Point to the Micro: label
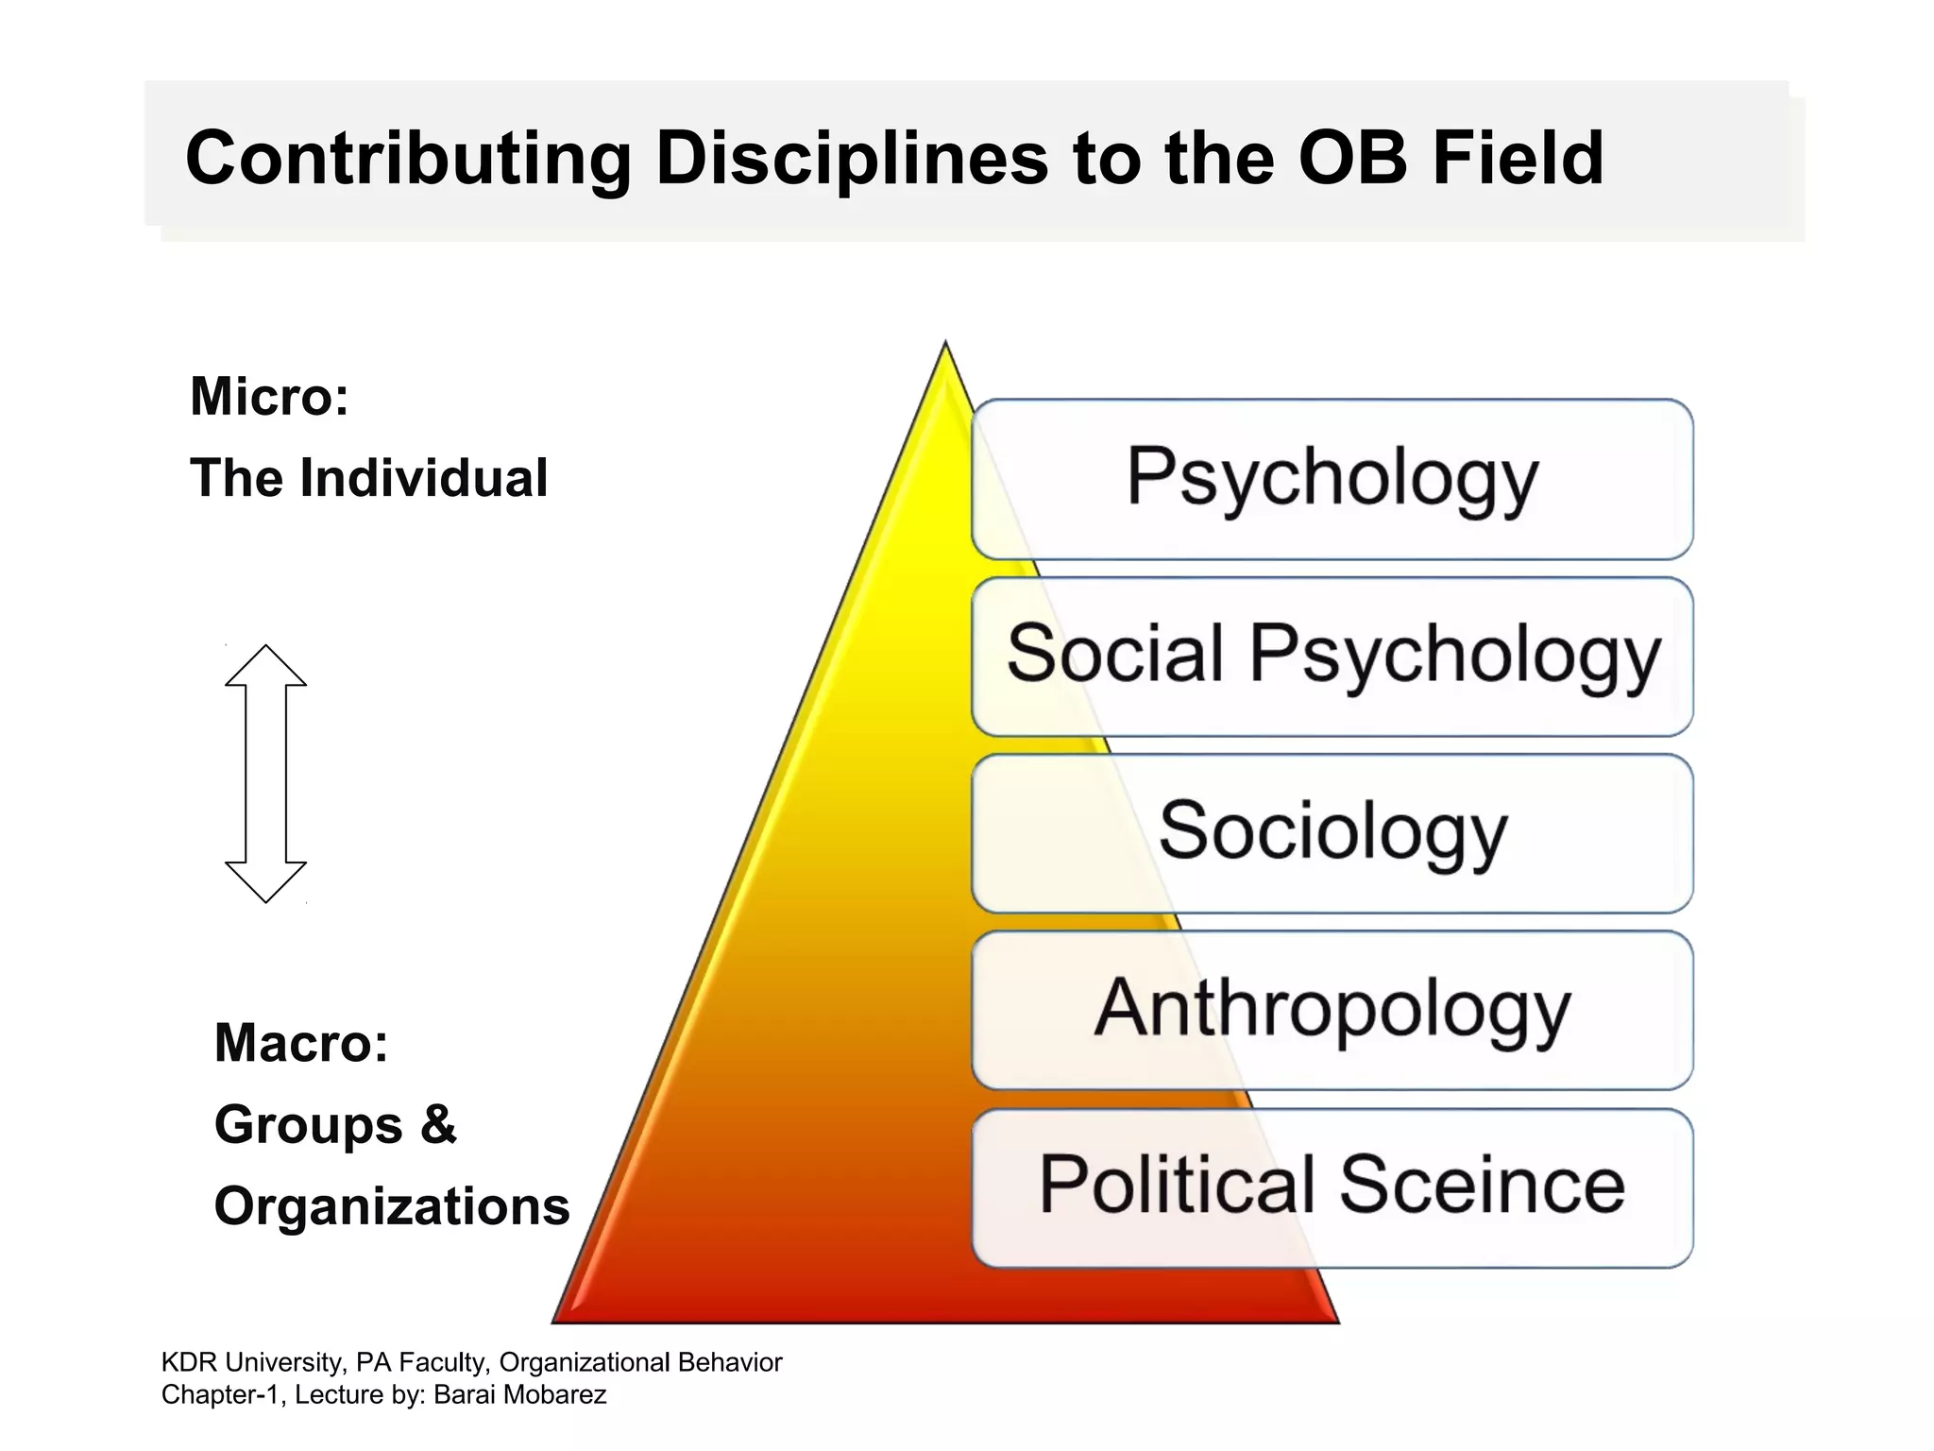click(270, 396)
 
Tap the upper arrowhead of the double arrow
click(265, 666)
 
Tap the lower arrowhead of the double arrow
click(265, 881)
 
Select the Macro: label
click(301, 1043)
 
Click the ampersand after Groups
click(438, 1124)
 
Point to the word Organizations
click(392, 1206)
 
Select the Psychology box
click(1332, 479)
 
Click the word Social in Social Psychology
click(1114, 654)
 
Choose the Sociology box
click(1332, 832)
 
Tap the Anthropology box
click(1332, 1009)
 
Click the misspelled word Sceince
click(1482, 1185)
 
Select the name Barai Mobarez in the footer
click(519, 1394)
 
